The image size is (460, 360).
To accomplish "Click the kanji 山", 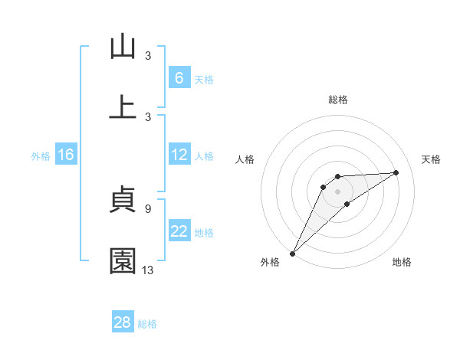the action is pos(123,47).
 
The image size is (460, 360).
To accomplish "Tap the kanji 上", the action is pos(123,108).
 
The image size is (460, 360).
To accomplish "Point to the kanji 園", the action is pos(123,261).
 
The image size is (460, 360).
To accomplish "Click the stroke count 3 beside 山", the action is pos(147,55).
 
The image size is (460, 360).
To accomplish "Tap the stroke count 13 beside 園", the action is pos(148,270).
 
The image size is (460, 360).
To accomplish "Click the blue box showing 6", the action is pos(179,78).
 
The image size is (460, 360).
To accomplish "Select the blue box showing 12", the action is pos(179,155).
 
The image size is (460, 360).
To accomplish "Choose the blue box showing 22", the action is pos(179,231).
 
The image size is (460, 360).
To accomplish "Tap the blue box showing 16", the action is pos(66,155).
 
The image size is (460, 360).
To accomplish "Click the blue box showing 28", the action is pos(123,322).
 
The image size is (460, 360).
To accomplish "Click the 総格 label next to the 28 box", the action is pos(147,324).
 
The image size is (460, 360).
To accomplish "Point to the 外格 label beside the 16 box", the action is pos(41,156).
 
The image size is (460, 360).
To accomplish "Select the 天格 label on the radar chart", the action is pos(432,159).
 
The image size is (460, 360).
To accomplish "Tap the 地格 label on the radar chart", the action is pos(402,263).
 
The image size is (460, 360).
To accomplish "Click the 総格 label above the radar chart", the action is pos(338,100).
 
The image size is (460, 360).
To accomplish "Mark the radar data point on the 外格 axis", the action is pos(293,254).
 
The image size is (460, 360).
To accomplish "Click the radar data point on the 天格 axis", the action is pos(396,172).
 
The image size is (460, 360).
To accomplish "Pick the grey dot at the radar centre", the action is pos(338,191).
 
